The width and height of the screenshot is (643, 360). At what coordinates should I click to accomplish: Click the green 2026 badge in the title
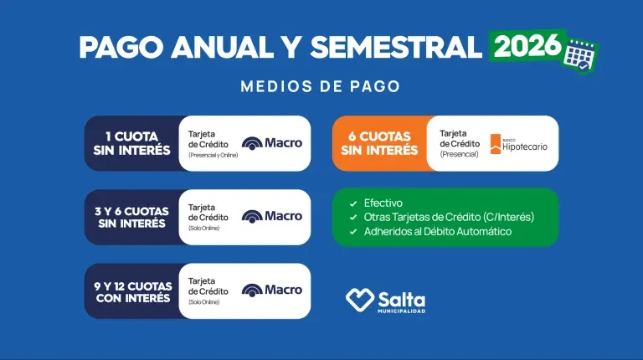tap(527, 45)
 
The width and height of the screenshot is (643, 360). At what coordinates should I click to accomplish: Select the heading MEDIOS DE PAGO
tap(320, 86)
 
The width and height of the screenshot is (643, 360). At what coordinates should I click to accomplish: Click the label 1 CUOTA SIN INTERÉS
tap(132, 143)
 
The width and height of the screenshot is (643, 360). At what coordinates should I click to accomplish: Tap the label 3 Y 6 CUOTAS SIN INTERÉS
tap(132, 217)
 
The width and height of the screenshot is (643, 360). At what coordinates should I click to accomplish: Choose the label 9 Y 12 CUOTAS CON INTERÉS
tap(132, 291)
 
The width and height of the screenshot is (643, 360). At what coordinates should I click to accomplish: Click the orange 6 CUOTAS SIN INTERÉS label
tap(379, 143)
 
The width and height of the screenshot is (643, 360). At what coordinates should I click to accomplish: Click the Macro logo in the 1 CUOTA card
tap(272, 143)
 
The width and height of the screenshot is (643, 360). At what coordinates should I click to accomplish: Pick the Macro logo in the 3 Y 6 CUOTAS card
tap(272, 217)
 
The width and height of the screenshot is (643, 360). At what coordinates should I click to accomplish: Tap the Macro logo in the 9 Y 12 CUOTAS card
tap(272, 291)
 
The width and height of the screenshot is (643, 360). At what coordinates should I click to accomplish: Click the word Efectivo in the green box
tap(383, 203)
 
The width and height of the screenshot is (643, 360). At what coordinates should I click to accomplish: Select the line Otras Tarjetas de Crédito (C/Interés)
tap(450, 217)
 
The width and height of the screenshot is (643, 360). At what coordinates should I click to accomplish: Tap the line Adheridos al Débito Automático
tap(438, 231)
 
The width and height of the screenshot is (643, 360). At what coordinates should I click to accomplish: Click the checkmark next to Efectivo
tap(353, 203)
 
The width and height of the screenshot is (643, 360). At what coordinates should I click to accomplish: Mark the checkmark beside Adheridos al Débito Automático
tap(353, 232)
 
